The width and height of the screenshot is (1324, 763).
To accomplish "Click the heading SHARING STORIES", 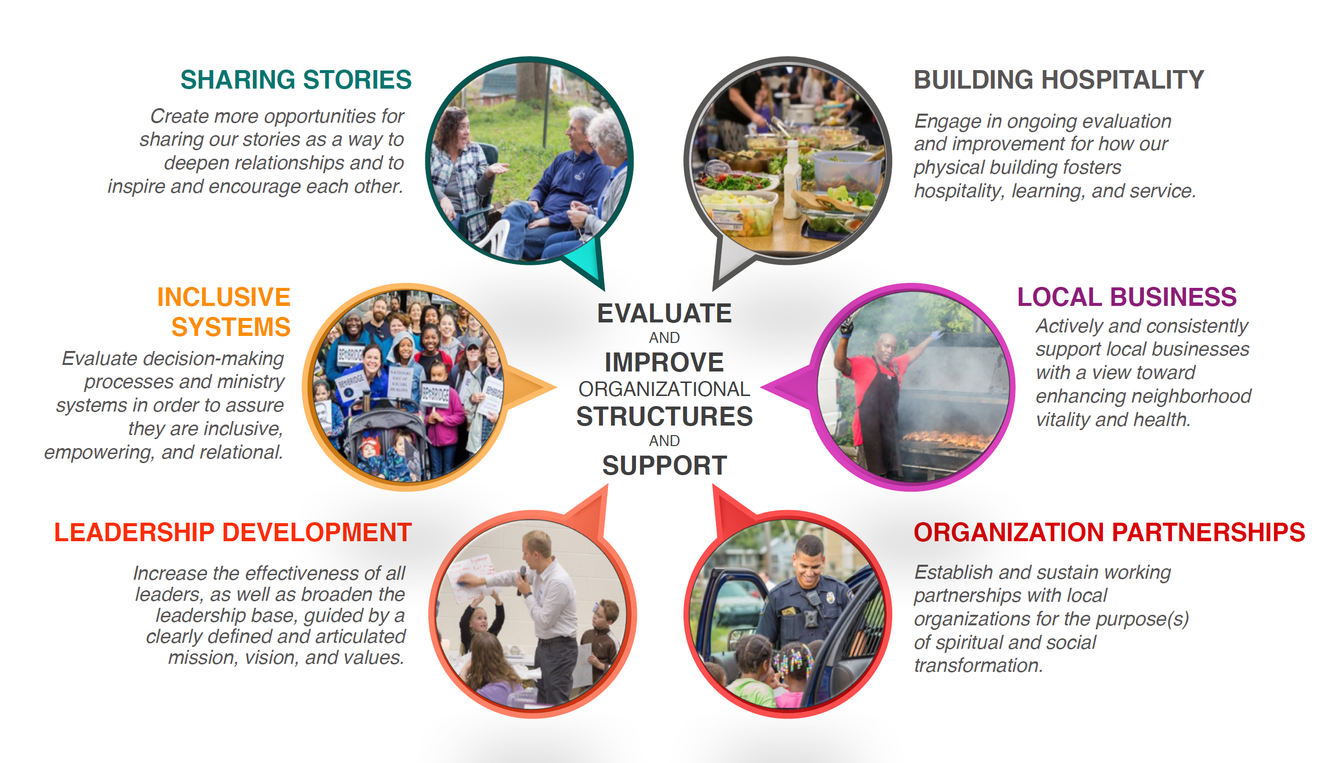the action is [x=296, y=80].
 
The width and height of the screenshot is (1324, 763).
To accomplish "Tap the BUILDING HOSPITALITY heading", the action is [x=1059, y=80].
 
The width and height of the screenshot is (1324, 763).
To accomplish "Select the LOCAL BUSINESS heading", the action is [x=1126, y=297].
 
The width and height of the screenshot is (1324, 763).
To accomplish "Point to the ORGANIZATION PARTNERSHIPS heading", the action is [x=1109, y=532].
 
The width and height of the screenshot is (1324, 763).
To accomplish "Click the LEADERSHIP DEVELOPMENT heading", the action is [x=233, y=532].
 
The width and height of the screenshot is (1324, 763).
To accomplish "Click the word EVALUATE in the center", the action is [x=664, y=313].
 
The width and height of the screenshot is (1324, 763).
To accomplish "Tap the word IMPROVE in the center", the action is [x=664, y=362].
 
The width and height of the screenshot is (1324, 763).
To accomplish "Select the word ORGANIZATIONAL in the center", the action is [x=664, y=390].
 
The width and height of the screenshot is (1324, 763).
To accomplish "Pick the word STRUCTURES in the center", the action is [x=664, y=417].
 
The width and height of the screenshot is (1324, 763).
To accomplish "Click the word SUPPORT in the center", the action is [x=664, y=465].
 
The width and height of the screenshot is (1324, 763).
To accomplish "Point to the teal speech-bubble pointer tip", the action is [x=604, y=290].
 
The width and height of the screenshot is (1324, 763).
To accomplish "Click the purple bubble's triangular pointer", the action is [x=786, y=388].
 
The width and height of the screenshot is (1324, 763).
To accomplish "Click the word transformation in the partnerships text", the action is [x=978, y=665].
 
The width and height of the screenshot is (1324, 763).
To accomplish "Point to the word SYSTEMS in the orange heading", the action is [x=231, y=327].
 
